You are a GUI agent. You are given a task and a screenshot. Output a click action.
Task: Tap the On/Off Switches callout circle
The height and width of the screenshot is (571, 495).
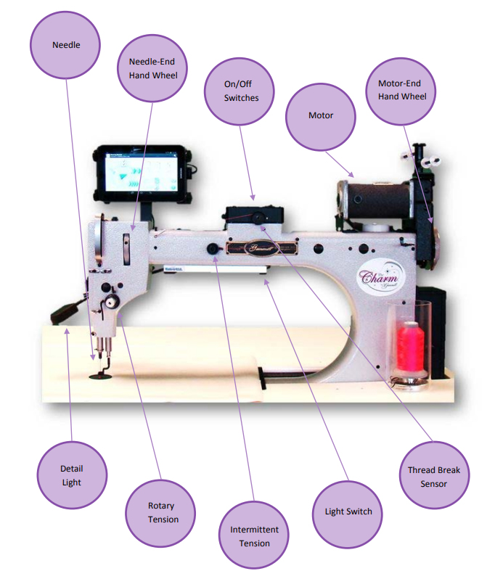pos(241,91)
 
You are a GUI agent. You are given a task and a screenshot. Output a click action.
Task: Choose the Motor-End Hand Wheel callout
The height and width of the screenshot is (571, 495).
pos(402,89)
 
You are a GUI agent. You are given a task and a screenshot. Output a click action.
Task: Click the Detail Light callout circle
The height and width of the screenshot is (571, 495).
pos(71,475)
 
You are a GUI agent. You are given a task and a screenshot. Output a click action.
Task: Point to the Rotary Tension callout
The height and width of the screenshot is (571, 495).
pos(162,512)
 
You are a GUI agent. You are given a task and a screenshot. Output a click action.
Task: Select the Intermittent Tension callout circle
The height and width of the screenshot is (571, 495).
pos(254,536)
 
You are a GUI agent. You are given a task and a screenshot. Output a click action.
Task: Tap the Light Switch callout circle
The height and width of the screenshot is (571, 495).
pos(348,512)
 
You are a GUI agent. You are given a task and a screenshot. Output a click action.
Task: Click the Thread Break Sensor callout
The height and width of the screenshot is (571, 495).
pos(434,476)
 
